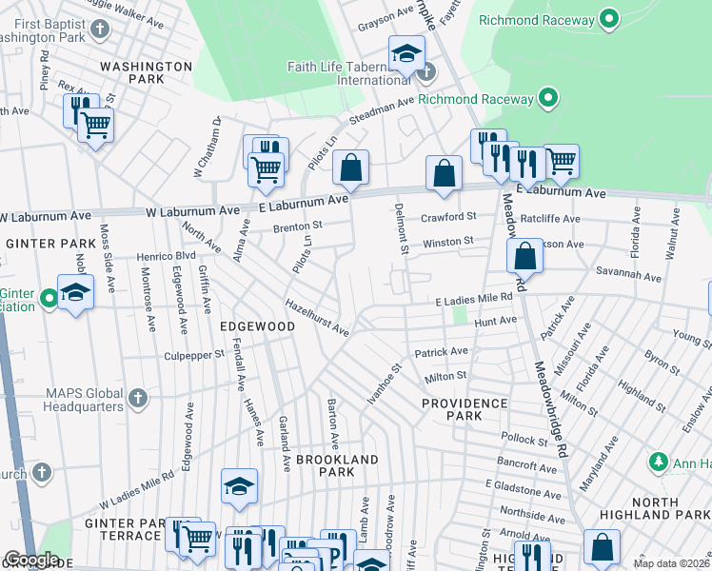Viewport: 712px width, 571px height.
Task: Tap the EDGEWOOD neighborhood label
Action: point(257,325)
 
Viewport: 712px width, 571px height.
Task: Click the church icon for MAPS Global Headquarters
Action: point(138,397)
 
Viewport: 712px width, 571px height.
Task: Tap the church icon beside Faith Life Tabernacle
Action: point(425,71)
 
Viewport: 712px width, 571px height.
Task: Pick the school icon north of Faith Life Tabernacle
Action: point(406,54)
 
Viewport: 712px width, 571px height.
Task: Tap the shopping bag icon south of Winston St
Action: point(524,255)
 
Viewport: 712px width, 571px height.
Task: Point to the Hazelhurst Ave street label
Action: point(317,317)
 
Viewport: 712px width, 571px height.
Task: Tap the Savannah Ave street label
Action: point(628,277)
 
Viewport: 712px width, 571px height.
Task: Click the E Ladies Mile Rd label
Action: point(474,299)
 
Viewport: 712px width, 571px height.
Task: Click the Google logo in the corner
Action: point(30,560)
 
